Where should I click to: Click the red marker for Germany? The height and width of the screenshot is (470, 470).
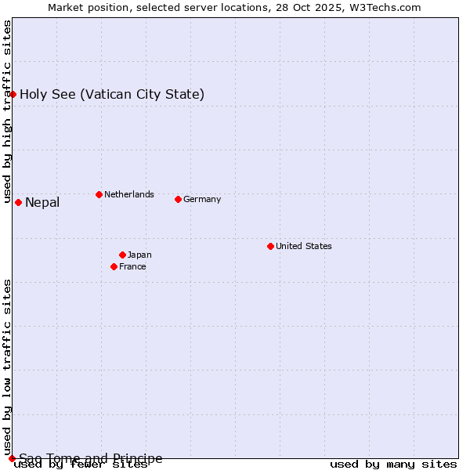[178, 199]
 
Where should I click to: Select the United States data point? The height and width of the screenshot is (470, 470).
[270, 246]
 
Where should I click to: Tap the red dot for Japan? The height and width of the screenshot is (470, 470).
[122, 255]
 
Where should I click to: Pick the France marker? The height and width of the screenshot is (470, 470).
[114, 266]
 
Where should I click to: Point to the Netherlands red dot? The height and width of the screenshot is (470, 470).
[99, 194]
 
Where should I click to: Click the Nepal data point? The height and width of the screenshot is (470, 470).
[18, 202]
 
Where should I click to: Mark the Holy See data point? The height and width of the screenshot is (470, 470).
[13, 94]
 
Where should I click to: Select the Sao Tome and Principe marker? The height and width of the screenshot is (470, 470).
[12, 458]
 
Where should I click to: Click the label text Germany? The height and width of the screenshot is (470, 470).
[202, 199]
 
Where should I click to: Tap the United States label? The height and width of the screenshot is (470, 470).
[304, 246]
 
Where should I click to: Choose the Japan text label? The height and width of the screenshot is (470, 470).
[139, 255]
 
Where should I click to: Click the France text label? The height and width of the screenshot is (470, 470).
[132, 266]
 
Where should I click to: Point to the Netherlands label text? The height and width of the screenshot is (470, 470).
[129, 194]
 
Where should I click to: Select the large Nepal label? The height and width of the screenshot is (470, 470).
[42, 203]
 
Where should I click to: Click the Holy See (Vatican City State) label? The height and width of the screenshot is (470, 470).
[112, 95]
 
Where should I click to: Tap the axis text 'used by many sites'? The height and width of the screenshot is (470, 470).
[393, 465]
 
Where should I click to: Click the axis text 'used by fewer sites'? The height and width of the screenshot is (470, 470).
[81, 465]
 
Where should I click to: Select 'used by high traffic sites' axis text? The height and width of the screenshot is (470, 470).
[8, 112]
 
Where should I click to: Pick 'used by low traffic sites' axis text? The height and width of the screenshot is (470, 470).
[8, 367]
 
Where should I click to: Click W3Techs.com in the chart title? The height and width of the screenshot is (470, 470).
[385, 7]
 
